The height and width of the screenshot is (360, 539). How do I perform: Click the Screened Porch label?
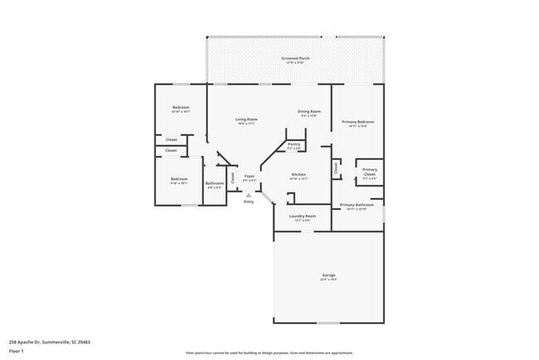[295, 59]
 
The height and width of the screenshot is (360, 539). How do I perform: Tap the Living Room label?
[246, 119]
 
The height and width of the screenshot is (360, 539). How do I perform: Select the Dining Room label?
[309, 111]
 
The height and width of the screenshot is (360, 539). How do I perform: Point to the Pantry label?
[294, 144]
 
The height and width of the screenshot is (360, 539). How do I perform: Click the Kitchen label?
[299, 175]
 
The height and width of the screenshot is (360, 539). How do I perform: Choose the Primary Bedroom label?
[358, 123]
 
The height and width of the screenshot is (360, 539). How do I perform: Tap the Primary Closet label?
[370, 172]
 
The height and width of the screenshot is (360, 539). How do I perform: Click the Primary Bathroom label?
[357, 205]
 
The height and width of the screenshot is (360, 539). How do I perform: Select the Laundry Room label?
[302, 217]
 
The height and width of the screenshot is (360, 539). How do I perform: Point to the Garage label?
[328, 275]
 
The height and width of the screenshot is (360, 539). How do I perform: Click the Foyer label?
[249, 177]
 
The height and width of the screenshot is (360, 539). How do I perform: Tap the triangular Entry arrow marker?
[248, 196]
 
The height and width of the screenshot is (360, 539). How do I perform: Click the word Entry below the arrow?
[248, 202]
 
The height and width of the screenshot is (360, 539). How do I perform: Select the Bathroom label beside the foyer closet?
[215, 183]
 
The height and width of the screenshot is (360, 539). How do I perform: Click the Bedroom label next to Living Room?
[181, 108]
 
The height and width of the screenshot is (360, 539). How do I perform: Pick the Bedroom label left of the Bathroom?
[179, 179]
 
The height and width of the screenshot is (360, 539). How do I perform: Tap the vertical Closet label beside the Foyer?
[233, 177]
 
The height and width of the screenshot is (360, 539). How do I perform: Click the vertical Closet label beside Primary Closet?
[336, 168]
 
